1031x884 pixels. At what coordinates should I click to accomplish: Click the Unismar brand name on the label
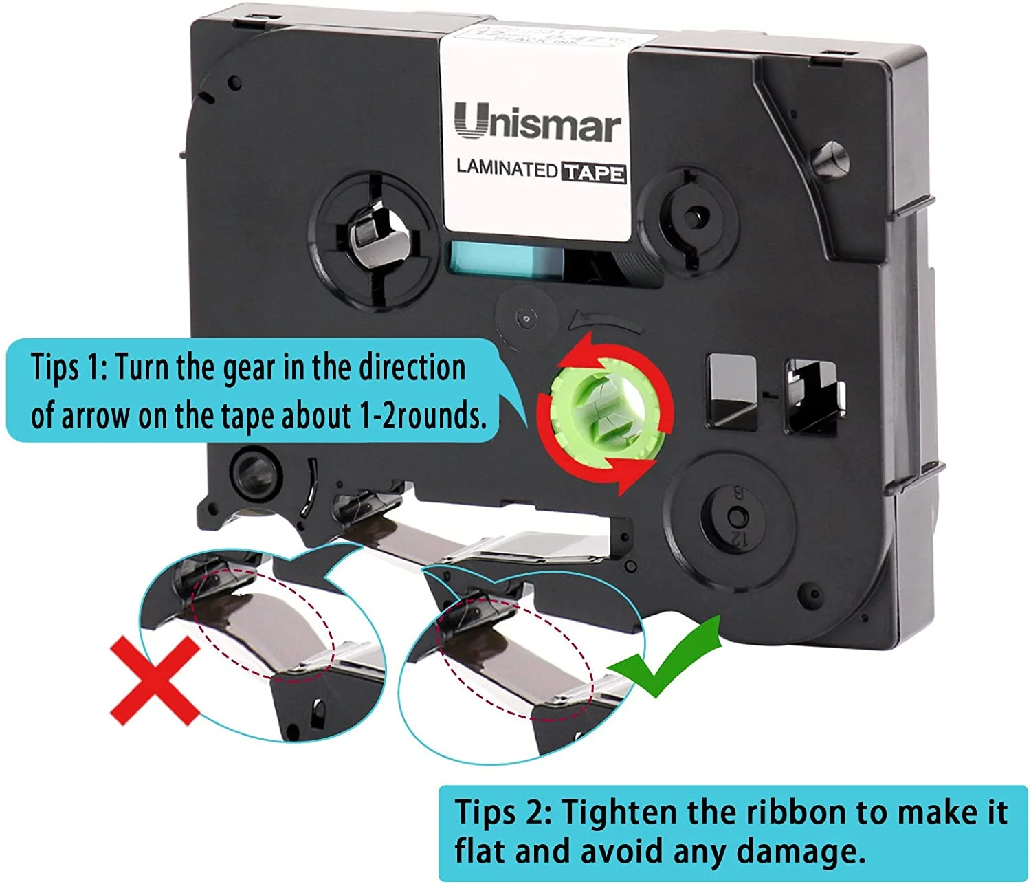pyautogui.click(x=537, y=124)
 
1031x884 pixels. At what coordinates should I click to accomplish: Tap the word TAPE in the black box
pyautogui.click(x=594, y=172)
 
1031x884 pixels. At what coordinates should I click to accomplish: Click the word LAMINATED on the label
pyautogui.click(x=507, y=168)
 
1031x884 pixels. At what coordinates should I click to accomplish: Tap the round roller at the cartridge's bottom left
pyautogui.click(x=254, y=474)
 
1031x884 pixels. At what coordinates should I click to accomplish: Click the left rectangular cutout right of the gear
pyautogui.click(x=731, y=391)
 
